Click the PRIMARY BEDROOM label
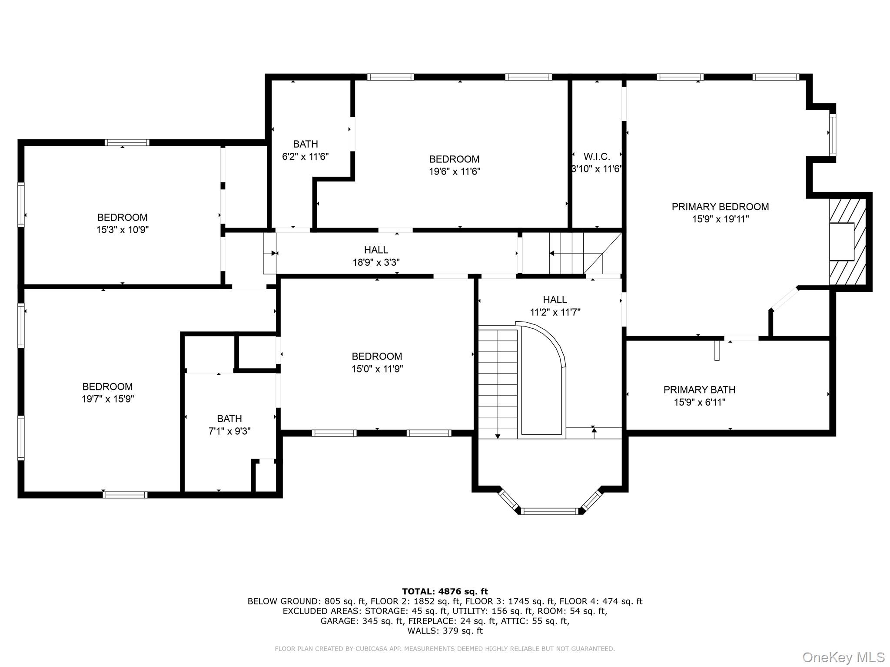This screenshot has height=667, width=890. [720, 207]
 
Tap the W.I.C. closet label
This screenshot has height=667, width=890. [597, 157]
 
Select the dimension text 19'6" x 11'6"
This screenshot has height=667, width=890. [454, 172]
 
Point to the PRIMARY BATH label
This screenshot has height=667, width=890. [699, 390]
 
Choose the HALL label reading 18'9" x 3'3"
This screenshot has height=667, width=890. [376, 250]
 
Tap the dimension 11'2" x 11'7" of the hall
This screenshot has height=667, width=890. [555, 312]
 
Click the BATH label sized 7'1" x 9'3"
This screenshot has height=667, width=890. [229, 419]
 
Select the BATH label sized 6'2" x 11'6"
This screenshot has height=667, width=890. [305, 144]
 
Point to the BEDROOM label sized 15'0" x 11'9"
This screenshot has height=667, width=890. [377, 357]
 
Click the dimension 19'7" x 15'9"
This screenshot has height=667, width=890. [108, 399]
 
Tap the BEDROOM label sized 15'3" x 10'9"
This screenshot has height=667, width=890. [122, 218]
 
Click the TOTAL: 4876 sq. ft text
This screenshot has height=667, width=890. [445, 591]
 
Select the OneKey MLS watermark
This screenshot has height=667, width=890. [843, 657]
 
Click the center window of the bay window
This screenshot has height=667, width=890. [550, 511]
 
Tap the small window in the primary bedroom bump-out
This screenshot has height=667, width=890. [832, 134]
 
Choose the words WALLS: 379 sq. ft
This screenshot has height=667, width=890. [445, 631]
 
